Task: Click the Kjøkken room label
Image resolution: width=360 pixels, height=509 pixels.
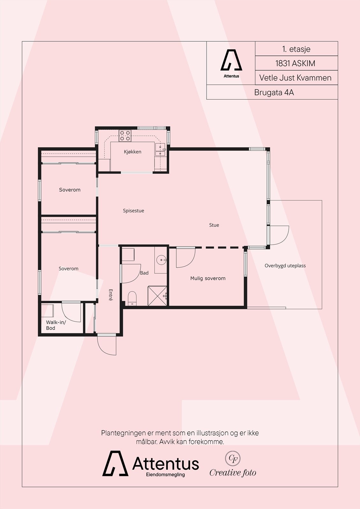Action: (x=132, y=152)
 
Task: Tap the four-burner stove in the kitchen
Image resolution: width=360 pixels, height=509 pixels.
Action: (x=125, y=136)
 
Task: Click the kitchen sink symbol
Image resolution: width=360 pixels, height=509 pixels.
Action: (x=160, y=150)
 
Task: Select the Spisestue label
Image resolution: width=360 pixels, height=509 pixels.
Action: (x=133, y=211)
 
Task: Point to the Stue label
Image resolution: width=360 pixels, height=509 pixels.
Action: (x=214, y=225)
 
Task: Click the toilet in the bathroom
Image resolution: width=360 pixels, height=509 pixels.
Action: (x=132, y=298)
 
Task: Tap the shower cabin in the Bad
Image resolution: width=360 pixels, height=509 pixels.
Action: (x=157, y=296)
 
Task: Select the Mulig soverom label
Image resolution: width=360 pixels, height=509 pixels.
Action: (x=208, y=278)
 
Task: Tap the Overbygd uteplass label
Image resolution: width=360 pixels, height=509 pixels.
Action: (x=285, y=266)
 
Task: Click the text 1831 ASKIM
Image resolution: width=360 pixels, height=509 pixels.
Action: (x=295, y=63)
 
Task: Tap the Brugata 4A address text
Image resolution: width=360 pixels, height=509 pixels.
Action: (x=274, y=93)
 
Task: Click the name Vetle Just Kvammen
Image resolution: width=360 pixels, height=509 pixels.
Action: (x=295, y=78)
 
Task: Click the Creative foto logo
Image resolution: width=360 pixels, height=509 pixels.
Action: (x=233, y=465)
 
